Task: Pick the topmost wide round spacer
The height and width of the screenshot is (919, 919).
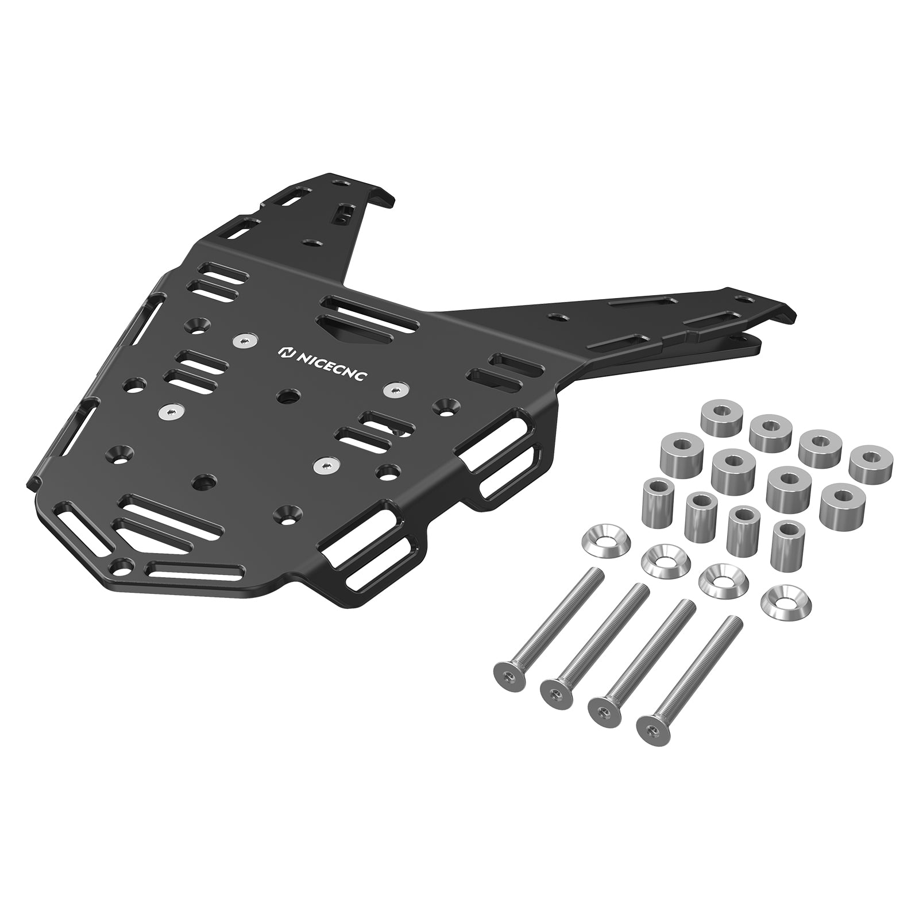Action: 721,415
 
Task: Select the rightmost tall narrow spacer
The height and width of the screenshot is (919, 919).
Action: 787,537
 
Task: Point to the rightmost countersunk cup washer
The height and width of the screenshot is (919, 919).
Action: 781,601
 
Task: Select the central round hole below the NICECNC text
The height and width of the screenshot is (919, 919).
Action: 287,396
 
